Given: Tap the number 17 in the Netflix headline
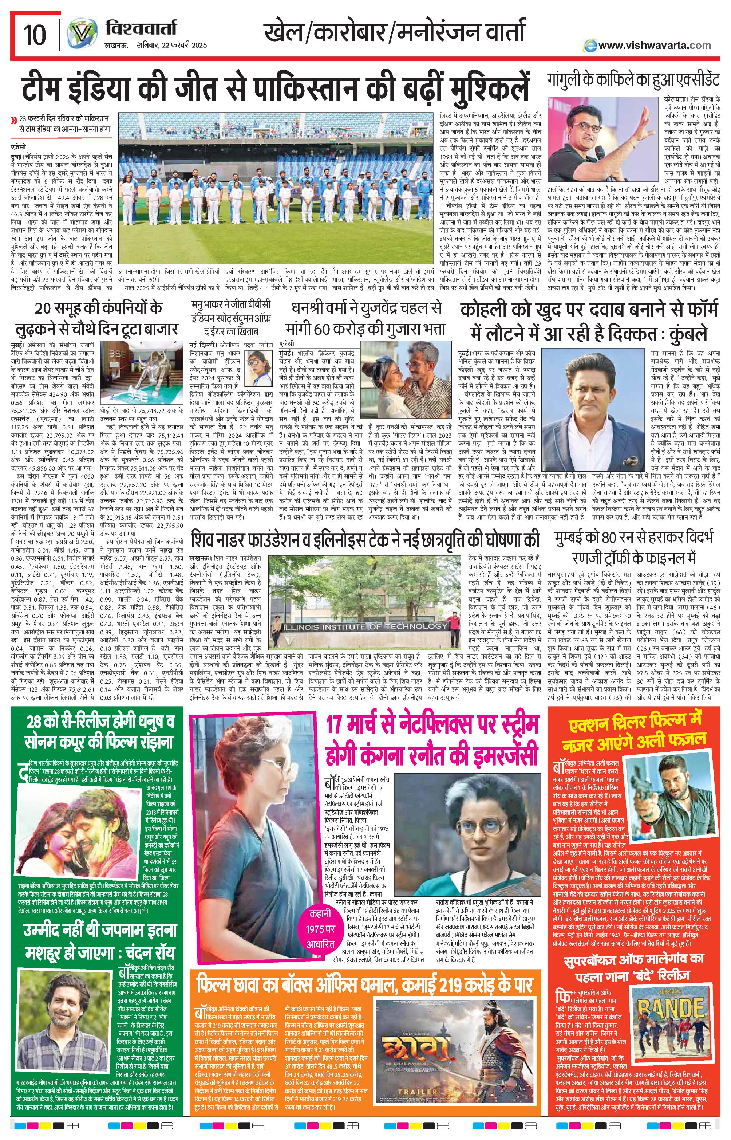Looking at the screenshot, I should point(337,726).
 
